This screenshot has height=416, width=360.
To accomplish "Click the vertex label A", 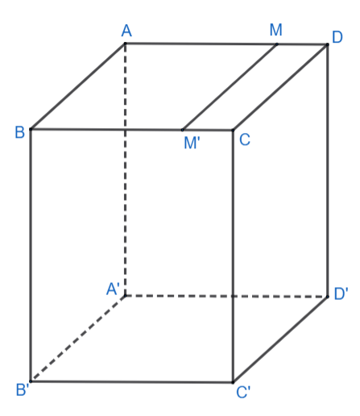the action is coord(126,31).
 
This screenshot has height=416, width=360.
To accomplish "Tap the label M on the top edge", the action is coord(275,30).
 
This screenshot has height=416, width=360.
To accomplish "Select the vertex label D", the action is coord(337,37).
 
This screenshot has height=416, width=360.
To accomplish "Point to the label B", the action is coord(20,132).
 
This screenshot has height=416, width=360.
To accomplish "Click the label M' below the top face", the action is coord(192,143).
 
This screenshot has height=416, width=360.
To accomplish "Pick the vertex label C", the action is coord(245,139).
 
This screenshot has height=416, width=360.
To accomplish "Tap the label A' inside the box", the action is coord(113,289).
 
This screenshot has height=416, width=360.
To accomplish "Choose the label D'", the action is coord(341,293).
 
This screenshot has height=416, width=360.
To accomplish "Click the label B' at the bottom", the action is coord(23,389).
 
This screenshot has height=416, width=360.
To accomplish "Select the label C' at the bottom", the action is coord(243,392).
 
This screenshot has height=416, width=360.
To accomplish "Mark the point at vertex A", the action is coord(125,43).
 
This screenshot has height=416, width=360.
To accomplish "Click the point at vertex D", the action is coord(327,44).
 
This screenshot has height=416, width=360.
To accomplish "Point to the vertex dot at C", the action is coord(233,130).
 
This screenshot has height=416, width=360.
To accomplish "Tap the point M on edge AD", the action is coord(277,44).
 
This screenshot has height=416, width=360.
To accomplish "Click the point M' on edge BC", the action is coord(182,130).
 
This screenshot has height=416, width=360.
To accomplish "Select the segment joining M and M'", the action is coord(230,87).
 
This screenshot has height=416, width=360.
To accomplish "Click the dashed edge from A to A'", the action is coord(126,169).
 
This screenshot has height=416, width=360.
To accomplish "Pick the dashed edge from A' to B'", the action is coord(78,339).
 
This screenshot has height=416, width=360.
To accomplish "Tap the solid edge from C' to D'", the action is coord(280,339).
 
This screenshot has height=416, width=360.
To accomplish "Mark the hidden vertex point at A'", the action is coord(126,296).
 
